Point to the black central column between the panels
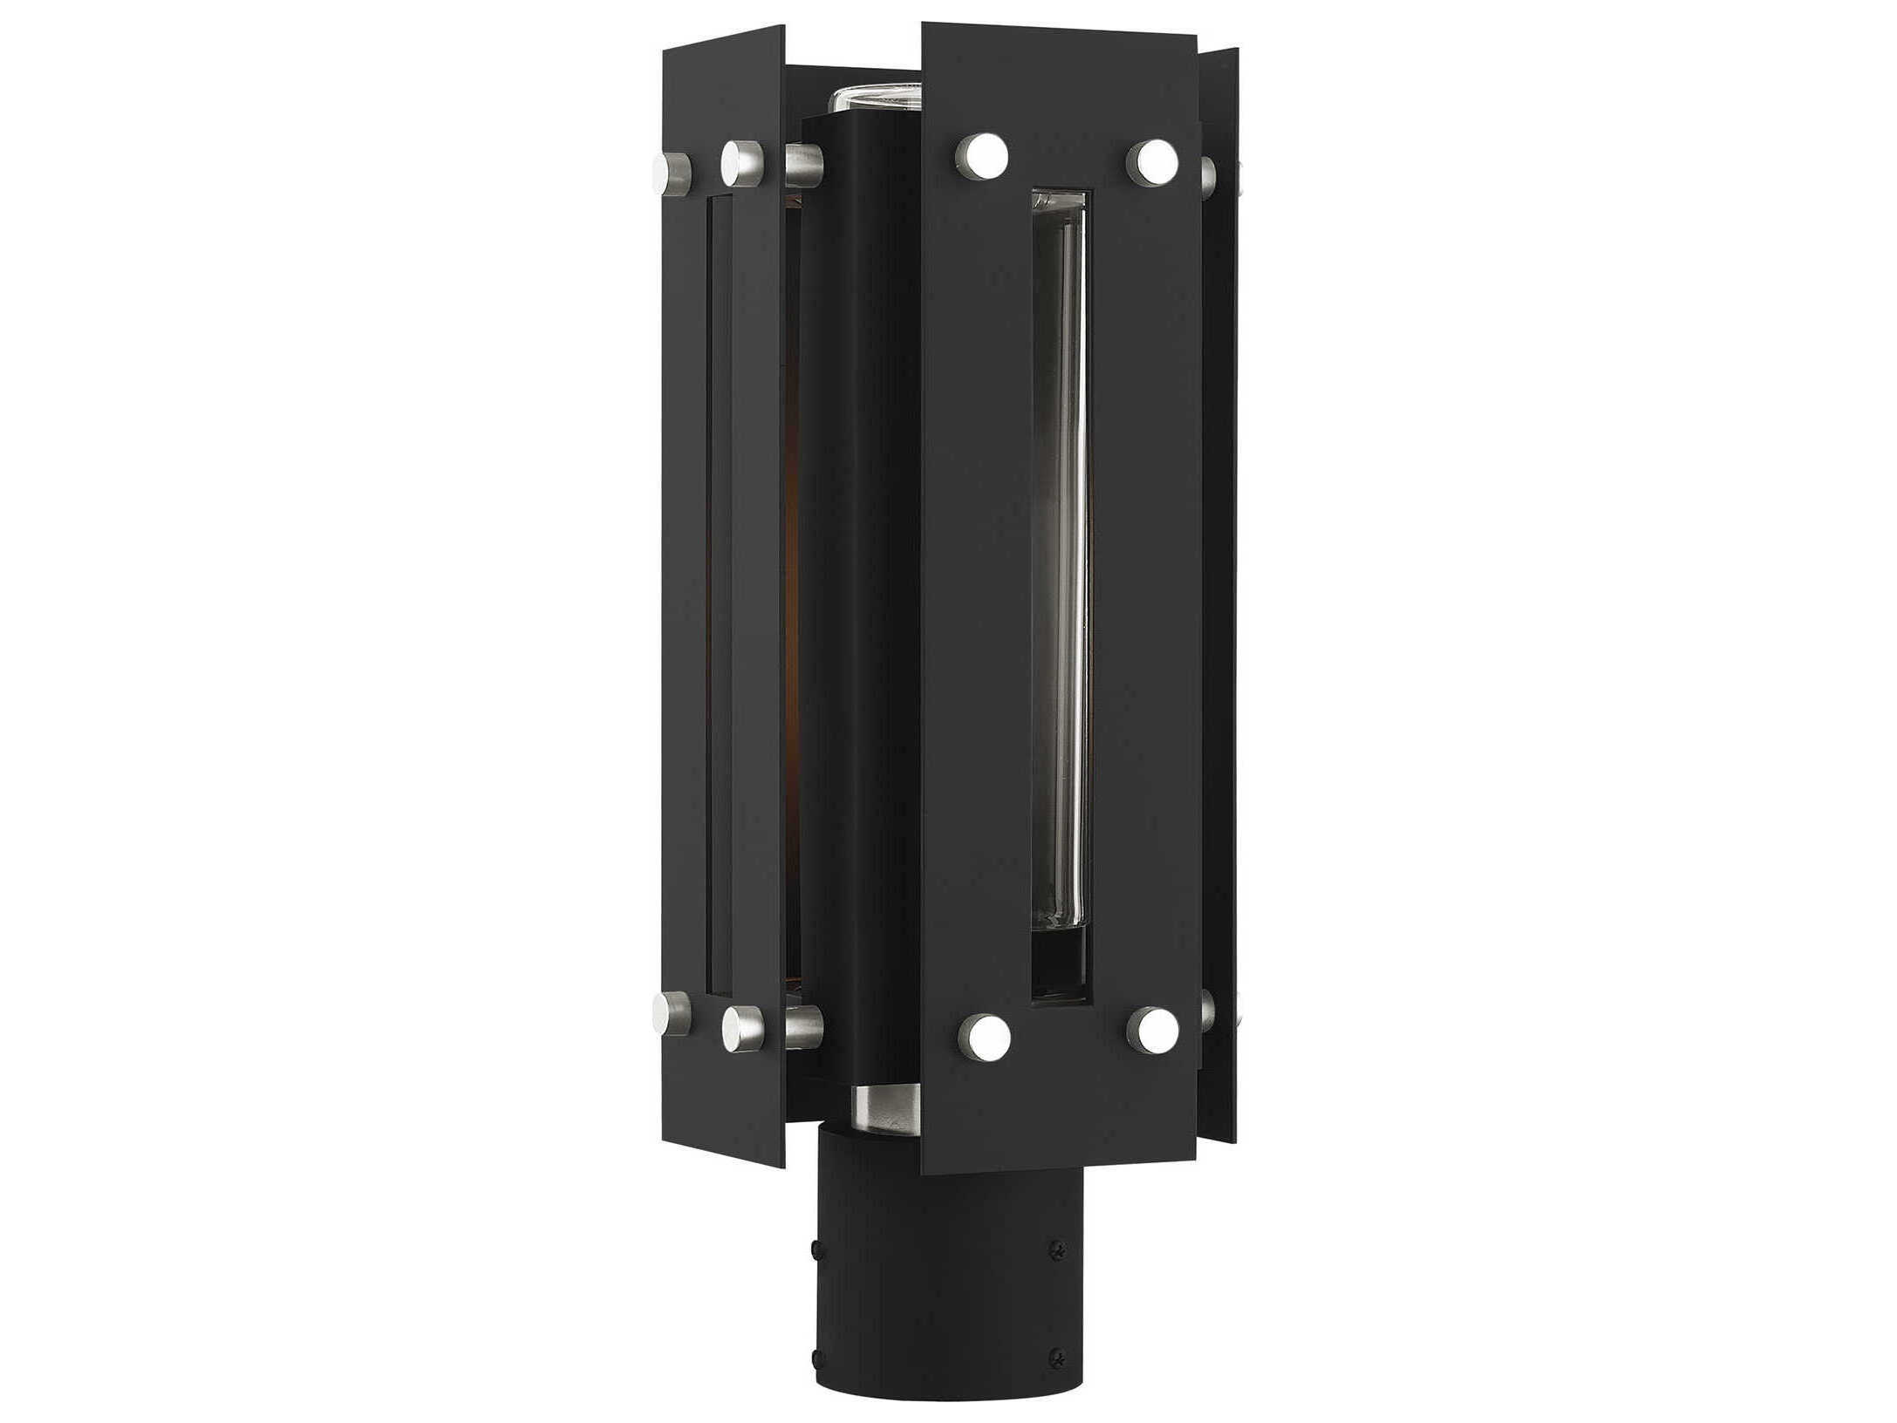click(x=859, y=610)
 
